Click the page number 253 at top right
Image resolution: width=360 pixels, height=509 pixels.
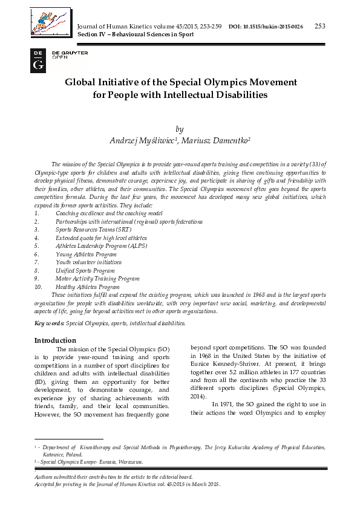(320, 25)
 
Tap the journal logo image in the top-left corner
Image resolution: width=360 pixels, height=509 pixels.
(50, 23)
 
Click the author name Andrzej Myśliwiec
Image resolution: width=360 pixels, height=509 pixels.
(142, 140)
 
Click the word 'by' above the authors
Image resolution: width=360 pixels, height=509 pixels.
(178, 129)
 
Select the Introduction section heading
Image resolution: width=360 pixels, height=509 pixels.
(55, 340)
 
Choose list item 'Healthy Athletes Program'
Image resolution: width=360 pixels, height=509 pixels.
(88, 287)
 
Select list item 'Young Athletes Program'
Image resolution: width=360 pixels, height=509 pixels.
(86, 254)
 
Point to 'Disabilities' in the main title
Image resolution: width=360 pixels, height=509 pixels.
(237, 95)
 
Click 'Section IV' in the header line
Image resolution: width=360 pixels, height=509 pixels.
(89, 34)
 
